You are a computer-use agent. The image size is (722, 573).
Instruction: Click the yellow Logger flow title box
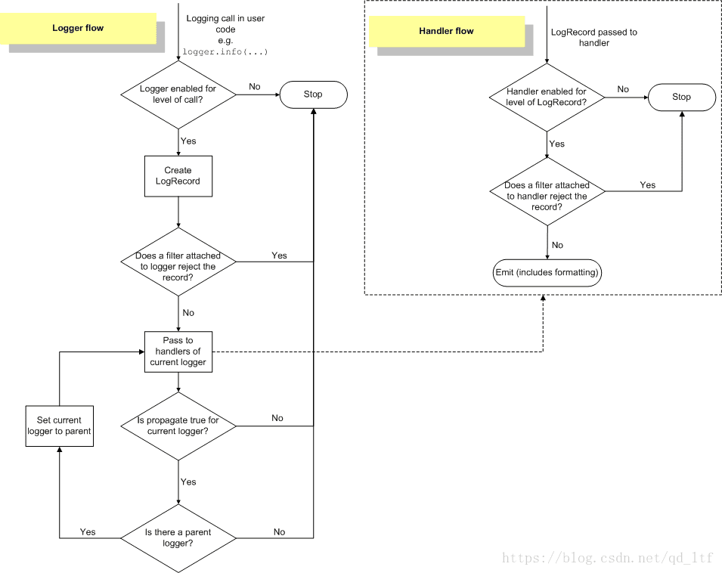coord(78,28)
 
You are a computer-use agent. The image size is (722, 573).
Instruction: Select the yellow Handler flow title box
coord(447,31)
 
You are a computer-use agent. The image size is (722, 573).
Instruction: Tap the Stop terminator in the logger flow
coord(314,94)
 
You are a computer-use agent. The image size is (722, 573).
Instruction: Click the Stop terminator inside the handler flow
coord(682,97)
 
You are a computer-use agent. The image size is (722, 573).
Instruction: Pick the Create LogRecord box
coord(178,176)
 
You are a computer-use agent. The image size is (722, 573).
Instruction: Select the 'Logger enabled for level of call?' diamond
coord(178,94)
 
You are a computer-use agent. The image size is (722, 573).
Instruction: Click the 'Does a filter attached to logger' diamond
coord(178,262)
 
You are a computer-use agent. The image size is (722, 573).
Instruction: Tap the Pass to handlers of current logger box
coord(178,352)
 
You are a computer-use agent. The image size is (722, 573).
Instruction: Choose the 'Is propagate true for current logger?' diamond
coord(178,426)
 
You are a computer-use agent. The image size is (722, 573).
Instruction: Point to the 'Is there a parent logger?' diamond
coord(178,538)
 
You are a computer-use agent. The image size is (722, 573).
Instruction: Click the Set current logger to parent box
coord(60,426)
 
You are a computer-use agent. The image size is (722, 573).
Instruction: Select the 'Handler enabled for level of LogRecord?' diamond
coord(547,98)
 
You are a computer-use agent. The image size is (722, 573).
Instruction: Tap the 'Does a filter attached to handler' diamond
coord(547,191)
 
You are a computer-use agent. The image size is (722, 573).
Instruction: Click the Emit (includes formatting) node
coord(547,272)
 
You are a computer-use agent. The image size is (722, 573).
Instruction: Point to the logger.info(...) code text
coord(225,52)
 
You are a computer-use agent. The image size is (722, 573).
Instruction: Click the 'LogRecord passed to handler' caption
coord(594,38)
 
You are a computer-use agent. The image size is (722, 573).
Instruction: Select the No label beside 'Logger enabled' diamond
coord(255,86)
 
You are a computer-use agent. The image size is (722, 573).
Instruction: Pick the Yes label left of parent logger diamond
coord(88,532)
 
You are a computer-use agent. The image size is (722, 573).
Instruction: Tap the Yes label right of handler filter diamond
coord(647,185)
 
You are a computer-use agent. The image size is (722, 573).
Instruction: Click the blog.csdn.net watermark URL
coord(608,559)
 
